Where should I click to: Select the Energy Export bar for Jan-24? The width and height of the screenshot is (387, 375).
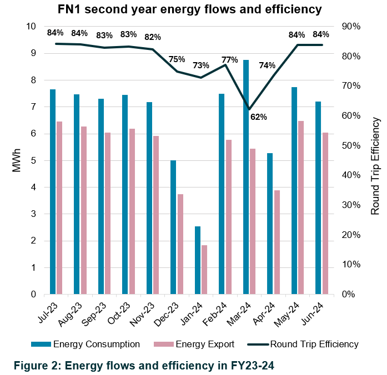(x=204, y=270)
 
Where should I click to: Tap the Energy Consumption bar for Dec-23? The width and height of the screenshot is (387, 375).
(x=173, y=227)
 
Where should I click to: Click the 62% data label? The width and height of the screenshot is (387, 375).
(x=259, y=117)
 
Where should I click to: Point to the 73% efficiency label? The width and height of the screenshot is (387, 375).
(x=201, y=65)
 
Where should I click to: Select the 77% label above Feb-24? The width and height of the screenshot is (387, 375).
(x=230, y=59)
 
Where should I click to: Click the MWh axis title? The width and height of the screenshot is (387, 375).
(x=17, y=160)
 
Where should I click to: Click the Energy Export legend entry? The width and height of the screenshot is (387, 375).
(x=203, y=344)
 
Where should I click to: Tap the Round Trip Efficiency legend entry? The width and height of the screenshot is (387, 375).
(x=314, y=344)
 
